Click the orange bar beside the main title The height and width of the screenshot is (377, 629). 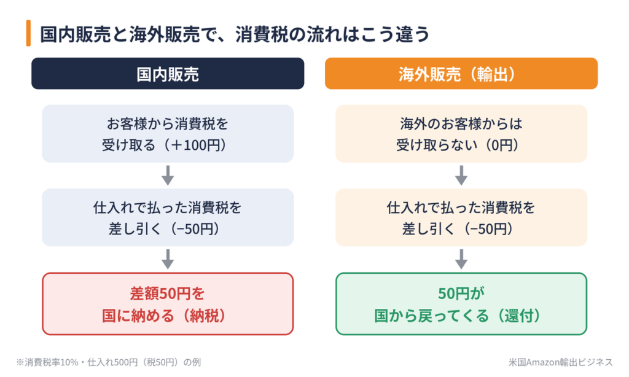[x=28, y=33]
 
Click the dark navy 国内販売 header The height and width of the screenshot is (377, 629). [x=168, y=74]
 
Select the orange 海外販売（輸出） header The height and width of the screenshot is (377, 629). [x=461, y=74]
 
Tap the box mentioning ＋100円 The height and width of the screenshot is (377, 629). [x=168, y=134]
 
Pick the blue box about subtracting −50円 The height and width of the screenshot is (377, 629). [x=168, y=217]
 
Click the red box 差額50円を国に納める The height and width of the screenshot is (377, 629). [x=168, y=303]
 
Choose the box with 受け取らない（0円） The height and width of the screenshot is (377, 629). [x=461, y=134]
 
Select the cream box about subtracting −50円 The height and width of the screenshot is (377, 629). [x=461, y=217]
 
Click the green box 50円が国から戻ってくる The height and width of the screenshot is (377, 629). [x=461, y=303]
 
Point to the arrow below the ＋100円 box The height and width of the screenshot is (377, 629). [x=168, y=175]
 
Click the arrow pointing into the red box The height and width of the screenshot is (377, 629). [x=168, y=259]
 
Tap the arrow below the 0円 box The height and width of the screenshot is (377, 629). [x=461, y=175]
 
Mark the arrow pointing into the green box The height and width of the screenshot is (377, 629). [x=461, y=259]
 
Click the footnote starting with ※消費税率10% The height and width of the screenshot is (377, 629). [x=108, y=362]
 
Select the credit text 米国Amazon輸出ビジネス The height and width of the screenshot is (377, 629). [x=560, y=362]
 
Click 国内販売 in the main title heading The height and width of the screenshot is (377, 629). [x=75, y=34]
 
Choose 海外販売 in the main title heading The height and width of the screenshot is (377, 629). [x=164, y=34]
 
